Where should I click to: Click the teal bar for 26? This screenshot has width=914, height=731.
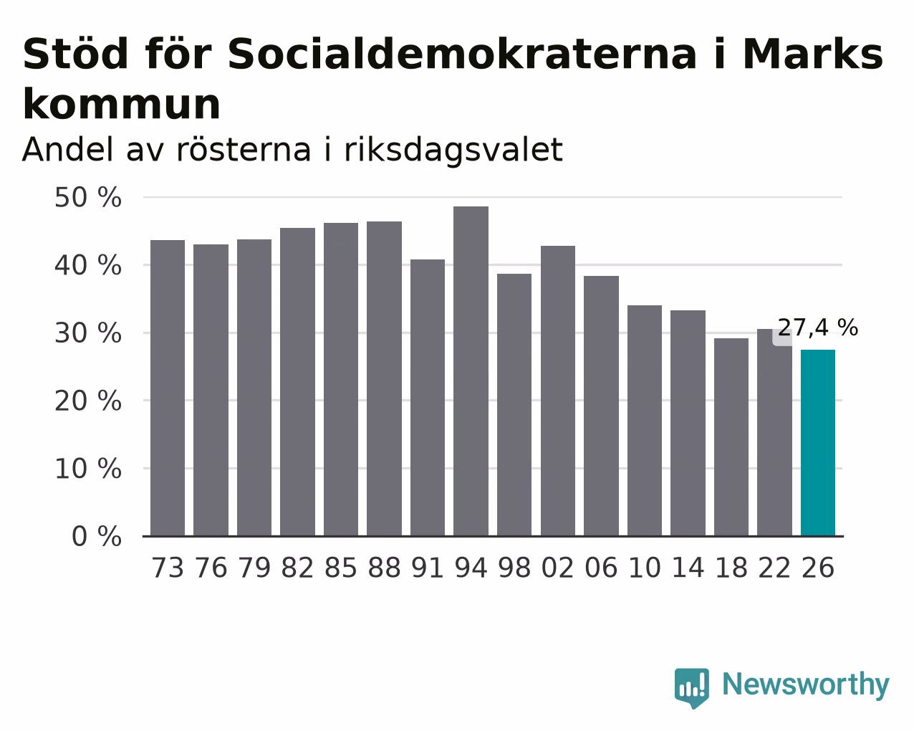click(817, 442)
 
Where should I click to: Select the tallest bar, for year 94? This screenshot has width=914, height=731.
click(471, 371)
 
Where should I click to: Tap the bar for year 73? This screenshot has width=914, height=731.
click(168, 388)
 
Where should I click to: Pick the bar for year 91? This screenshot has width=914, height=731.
click(427, 397)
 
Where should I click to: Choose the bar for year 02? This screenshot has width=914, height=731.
click(558, 391)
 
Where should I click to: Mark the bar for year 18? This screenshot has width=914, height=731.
click(731, 437)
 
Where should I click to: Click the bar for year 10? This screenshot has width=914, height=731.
click(644, 420)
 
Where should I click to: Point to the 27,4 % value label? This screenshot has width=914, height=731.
click(817, 328)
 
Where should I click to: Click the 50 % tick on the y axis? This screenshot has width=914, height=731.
click(88, 198)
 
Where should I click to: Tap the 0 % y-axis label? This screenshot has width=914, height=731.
click(97, 536)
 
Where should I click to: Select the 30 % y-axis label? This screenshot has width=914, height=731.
click(88, 333)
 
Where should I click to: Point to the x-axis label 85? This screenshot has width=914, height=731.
click(341, 568)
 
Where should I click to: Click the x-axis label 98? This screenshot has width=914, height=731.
click(514, 568)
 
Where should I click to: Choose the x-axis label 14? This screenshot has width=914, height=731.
click(688, 568)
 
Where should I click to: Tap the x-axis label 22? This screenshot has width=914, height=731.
click(774, 568)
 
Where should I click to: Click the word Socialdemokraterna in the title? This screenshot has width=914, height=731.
click(462, 54)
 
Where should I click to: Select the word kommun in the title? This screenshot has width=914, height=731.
click(122, 105)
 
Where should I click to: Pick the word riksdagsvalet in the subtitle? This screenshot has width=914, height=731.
click(453, 150)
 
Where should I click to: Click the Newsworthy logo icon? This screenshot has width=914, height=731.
click(692, 688)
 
